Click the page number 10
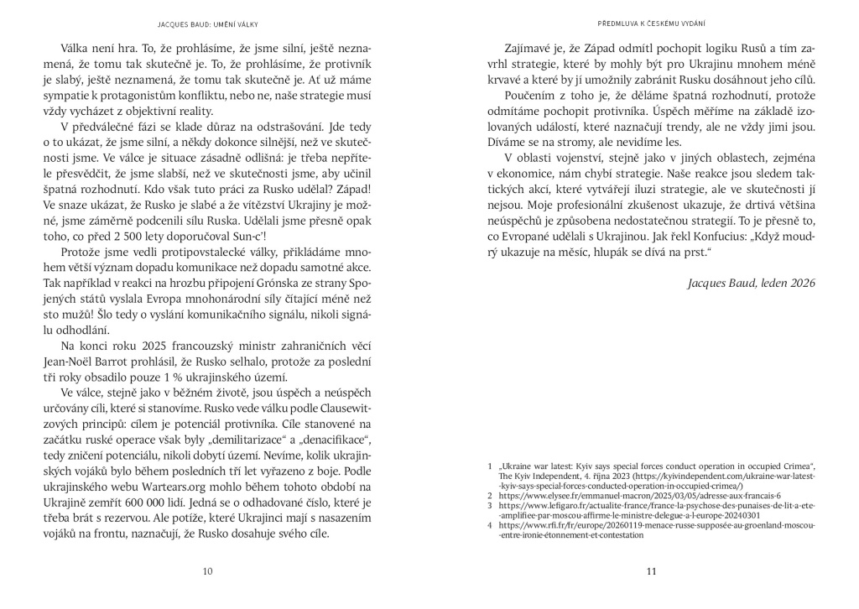click(x=207, y=572)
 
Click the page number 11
click(x=650, y=572)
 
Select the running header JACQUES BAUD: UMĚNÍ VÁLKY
click(x=208, y=22)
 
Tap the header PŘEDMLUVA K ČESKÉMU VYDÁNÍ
click(x=651, y=22)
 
